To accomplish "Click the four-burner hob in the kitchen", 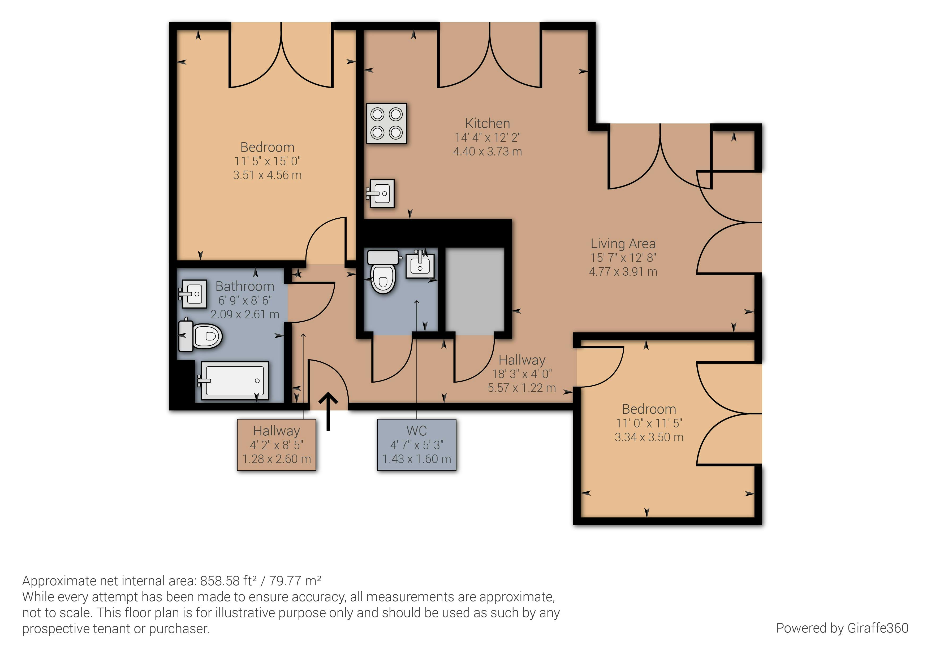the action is click(386, 123).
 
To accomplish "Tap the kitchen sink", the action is click(380, 194).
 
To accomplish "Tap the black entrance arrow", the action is click(329, 411).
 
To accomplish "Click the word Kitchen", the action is click(488, 123).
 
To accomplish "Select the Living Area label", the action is click(623, 244).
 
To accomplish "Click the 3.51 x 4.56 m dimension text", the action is click(267, 175).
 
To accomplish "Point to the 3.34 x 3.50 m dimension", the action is click(649, 437).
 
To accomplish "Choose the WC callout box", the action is click(417, 445).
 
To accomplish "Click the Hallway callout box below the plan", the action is click(277, 445).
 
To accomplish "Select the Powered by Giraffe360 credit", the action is click(842, 628).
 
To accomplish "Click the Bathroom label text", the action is click(245, 286).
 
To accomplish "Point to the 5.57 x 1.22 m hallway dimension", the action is click(521, 388).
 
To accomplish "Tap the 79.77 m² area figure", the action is click(295, 581).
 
